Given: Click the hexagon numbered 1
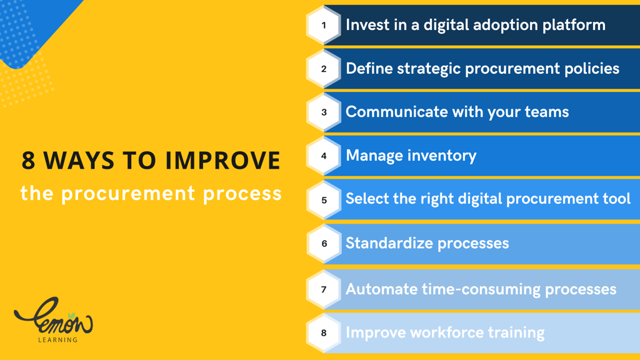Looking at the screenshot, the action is pos(324,25).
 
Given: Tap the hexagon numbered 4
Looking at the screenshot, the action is pos(324,156).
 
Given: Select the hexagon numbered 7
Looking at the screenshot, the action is pos(324,289).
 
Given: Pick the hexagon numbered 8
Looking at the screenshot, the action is pos(324,333).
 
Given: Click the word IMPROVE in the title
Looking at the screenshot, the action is pos(223,160).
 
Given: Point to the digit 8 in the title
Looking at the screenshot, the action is pos(28,160).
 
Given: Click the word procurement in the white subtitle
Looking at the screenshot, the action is pos(128,194).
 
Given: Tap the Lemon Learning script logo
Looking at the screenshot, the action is pos(54,316).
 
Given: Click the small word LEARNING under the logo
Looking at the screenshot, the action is pos(57,339).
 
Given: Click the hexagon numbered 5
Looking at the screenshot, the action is pos(324,200).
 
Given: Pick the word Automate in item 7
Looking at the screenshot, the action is pos(382,289).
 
